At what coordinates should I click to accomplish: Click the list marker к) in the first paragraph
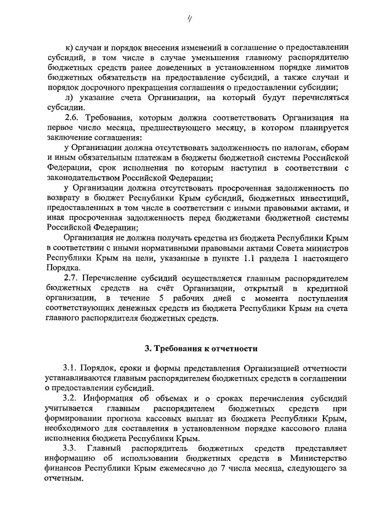pyautogui.click(x=71, y=46)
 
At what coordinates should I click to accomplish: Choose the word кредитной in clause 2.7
pyautogui.click(x=325, y=288)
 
